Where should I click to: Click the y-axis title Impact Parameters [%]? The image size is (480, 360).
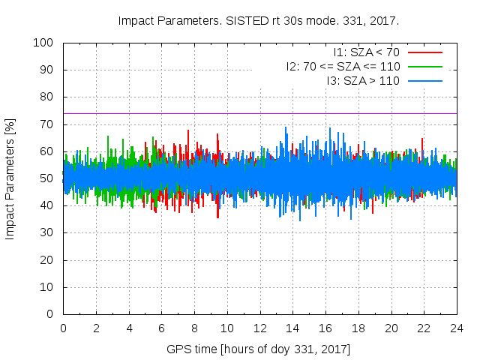[10, 178]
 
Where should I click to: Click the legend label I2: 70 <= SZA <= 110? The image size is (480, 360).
[343, 66]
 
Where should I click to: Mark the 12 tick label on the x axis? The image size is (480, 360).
[259, 328]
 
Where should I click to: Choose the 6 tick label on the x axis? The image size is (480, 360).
[161, 328]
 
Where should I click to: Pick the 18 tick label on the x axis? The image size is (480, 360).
[358, 328]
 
